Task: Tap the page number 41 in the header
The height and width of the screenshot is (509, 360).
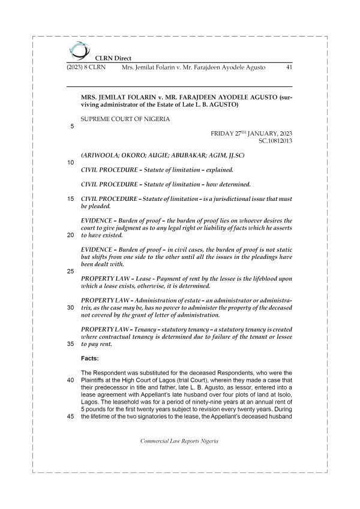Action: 288,68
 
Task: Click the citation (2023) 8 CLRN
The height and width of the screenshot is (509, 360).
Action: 85,68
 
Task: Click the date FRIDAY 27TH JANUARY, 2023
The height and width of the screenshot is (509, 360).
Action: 251,132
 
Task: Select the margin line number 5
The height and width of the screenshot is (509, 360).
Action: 73,127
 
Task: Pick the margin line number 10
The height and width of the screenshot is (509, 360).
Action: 71,163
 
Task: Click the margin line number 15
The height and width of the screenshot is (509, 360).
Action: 71,198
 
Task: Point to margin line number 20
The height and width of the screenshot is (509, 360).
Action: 71,235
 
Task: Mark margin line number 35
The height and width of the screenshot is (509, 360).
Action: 71,345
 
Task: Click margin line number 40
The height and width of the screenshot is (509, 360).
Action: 71,381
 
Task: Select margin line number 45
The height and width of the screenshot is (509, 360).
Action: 71,418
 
